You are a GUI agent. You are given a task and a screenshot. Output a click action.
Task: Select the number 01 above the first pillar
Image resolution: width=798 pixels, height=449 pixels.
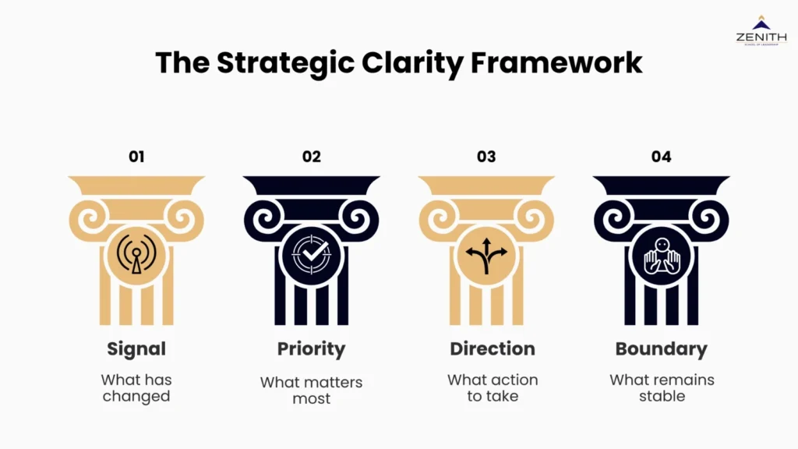click(136, 157)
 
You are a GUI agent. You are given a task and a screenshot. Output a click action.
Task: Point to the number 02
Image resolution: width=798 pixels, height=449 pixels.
click(312, 157)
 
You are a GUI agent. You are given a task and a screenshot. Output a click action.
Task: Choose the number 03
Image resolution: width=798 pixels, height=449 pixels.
click(486, 157)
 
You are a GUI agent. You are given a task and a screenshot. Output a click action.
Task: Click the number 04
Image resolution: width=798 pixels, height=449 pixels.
click(661, 157)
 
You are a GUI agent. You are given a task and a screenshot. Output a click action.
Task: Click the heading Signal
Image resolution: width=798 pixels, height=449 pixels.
click(136, 348)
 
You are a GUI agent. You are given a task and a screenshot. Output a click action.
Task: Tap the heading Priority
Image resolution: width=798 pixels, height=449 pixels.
click(312, 348)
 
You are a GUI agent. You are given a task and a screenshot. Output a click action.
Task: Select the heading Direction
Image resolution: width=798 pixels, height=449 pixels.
click(493, 348)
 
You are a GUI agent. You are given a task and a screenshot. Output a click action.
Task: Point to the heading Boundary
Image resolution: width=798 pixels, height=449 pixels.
click(662, 348)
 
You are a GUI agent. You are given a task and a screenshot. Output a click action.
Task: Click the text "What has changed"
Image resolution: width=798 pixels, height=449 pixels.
click(136, 388)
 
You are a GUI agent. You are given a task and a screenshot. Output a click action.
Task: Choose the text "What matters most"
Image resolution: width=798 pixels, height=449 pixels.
click(312, 391)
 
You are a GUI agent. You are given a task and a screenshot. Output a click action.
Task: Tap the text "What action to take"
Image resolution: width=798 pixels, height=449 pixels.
click(493, 388)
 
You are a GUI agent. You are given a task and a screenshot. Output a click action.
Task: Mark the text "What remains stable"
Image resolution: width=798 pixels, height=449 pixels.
click(662, 388)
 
